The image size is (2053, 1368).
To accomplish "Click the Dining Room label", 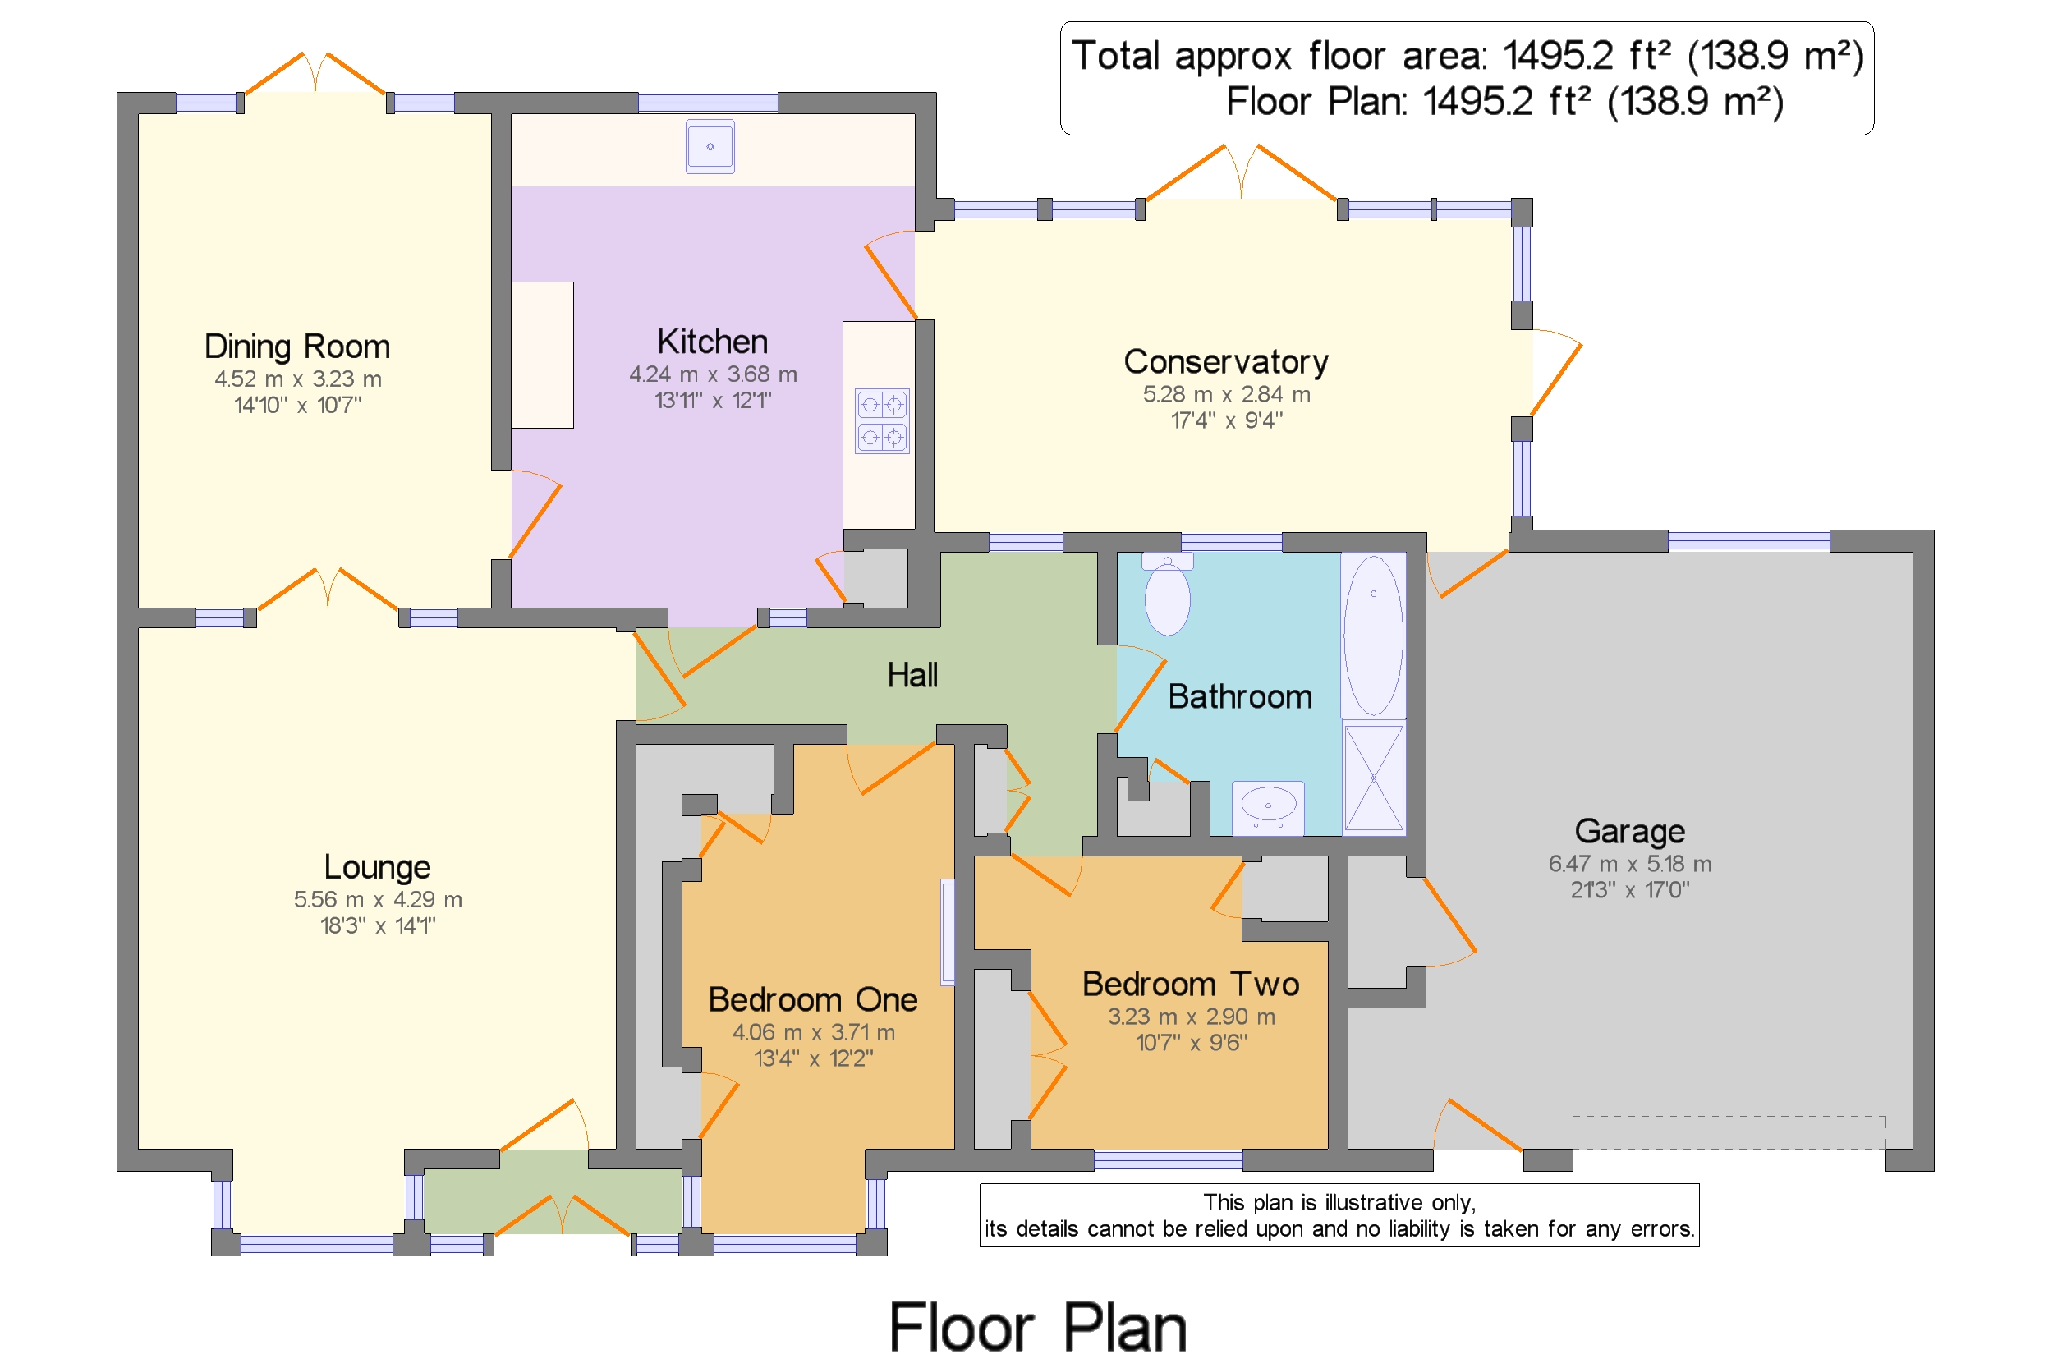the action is coord(296,347).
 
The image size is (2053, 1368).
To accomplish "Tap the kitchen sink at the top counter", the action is coord(710,146).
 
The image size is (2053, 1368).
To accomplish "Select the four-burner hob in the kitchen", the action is coord(881,420).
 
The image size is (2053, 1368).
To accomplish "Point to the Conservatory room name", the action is coord(1225,361).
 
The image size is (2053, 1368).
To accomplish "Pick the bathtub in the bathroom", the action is coord(1373,636).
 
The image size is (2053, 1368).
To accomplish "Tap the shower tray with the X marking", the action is coord(1373,778).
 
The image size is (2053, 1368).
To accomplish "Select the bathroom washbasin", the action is coord(1268,807).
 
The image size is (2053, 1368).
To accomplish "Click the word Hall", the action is coord(912,675).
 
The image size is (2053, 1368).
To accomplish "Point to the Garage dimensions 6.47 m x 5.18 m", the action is coord(1629,864).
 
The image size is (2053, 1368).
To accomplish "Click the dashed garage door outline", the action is coord(1729,1132).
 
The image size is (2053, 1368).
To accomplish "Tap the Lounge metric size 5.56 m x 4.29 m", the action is coord(378,899).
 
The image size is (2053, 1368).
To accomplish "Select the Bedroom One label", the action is coord(812,1000).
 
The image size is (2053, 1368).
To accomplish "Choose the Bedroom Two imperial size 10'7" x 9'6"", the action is coord(1191,1042).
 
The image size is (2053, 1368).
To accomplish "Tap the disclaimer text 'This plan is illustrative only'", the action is coord(1339,1202).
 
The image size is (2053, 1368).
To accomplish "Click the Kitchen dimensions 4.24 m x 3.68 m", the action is coord(713,374).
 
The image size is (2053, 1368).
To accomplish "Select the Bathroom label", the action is coord(1239,696).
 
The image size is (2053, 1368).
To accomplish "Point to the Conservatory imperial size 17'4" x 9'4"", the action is coord(1226,420).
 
